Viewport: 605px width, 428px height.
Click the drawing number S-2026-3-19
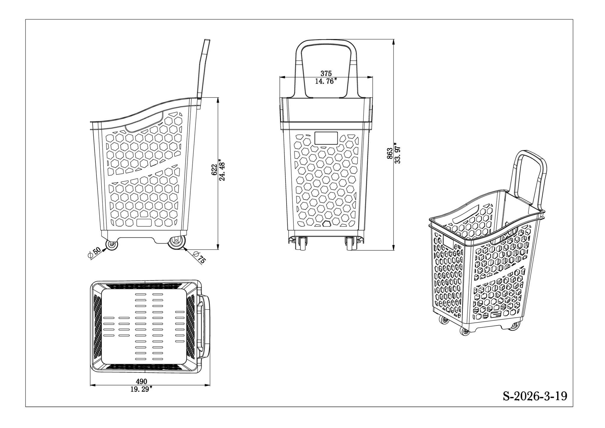click(535, 396)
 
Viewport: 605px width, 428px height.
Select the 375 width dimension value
click(326, 73)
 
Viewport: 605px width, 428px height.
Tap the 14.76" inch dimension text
click(326, 81)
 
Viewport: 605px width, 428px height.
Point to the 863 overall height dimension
click(390, 154)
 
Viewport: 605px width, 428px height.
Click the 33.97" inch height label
click(398, 153)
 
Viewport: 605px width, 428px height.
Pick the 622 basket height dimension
click(214, 169)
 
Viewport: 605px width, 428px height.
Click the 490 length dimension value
click(142, 382)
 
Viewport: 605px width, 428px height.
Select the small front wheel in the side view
click(112, 245)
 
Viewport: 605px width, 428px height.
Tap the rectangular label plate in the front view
click(326, 139)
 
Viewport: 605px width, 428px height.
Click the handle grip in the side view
click(204, 68)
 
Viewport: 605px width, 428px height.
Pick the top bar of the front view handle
click(326, 42)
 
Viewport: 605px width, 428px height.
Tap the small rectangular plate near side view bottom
click(144, 223)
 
